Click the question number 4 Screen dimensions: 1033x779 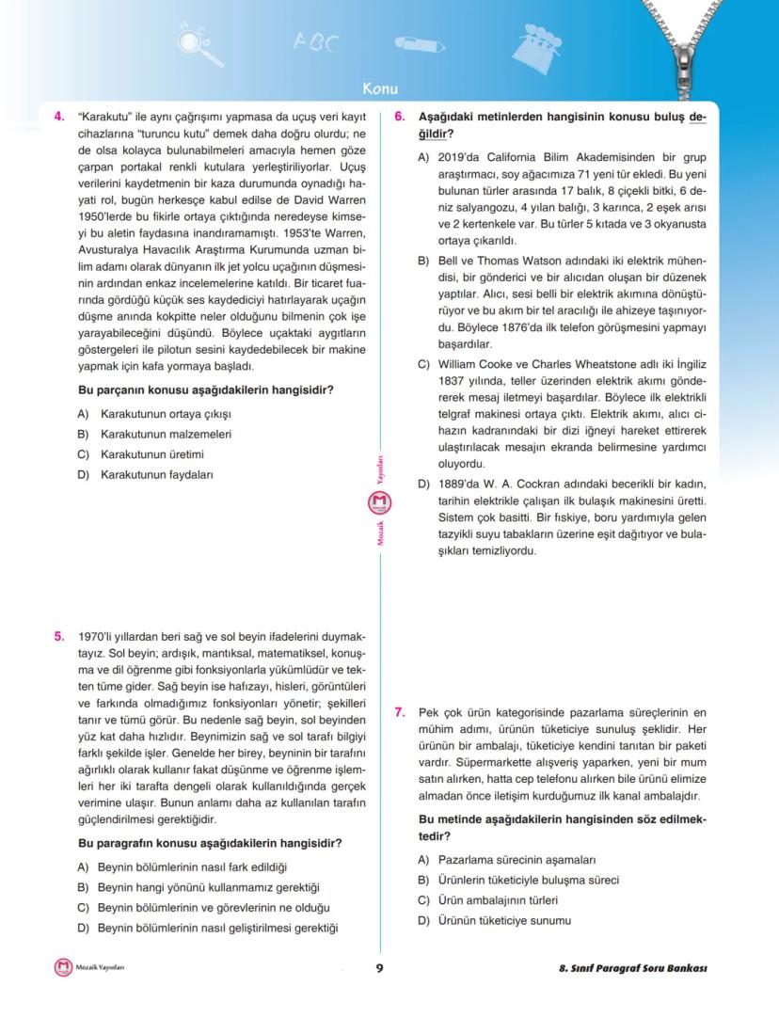pos(58,117)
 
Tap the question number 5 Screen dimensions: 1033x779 pos(58,636)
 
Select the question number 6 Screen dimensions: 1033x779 pos(399,117)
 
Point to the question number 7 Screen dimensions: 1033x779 pos(399,712)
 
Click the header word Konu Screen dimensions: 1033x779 pos(381,89)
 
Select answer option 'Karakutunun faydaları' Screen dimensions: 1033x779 pos(156,474)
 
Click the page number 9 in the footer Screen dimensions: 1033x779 pos(379,969)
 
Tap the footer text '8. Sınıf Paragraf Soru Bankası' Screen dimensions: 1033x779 pos(631,969)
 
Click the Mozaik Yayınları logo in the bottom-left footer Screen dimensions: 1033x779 pos(63,967)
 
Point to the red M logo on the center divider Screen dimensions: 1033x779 pos(381,505)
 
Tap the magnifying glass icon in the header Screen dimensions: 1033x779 pos(194,43)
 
